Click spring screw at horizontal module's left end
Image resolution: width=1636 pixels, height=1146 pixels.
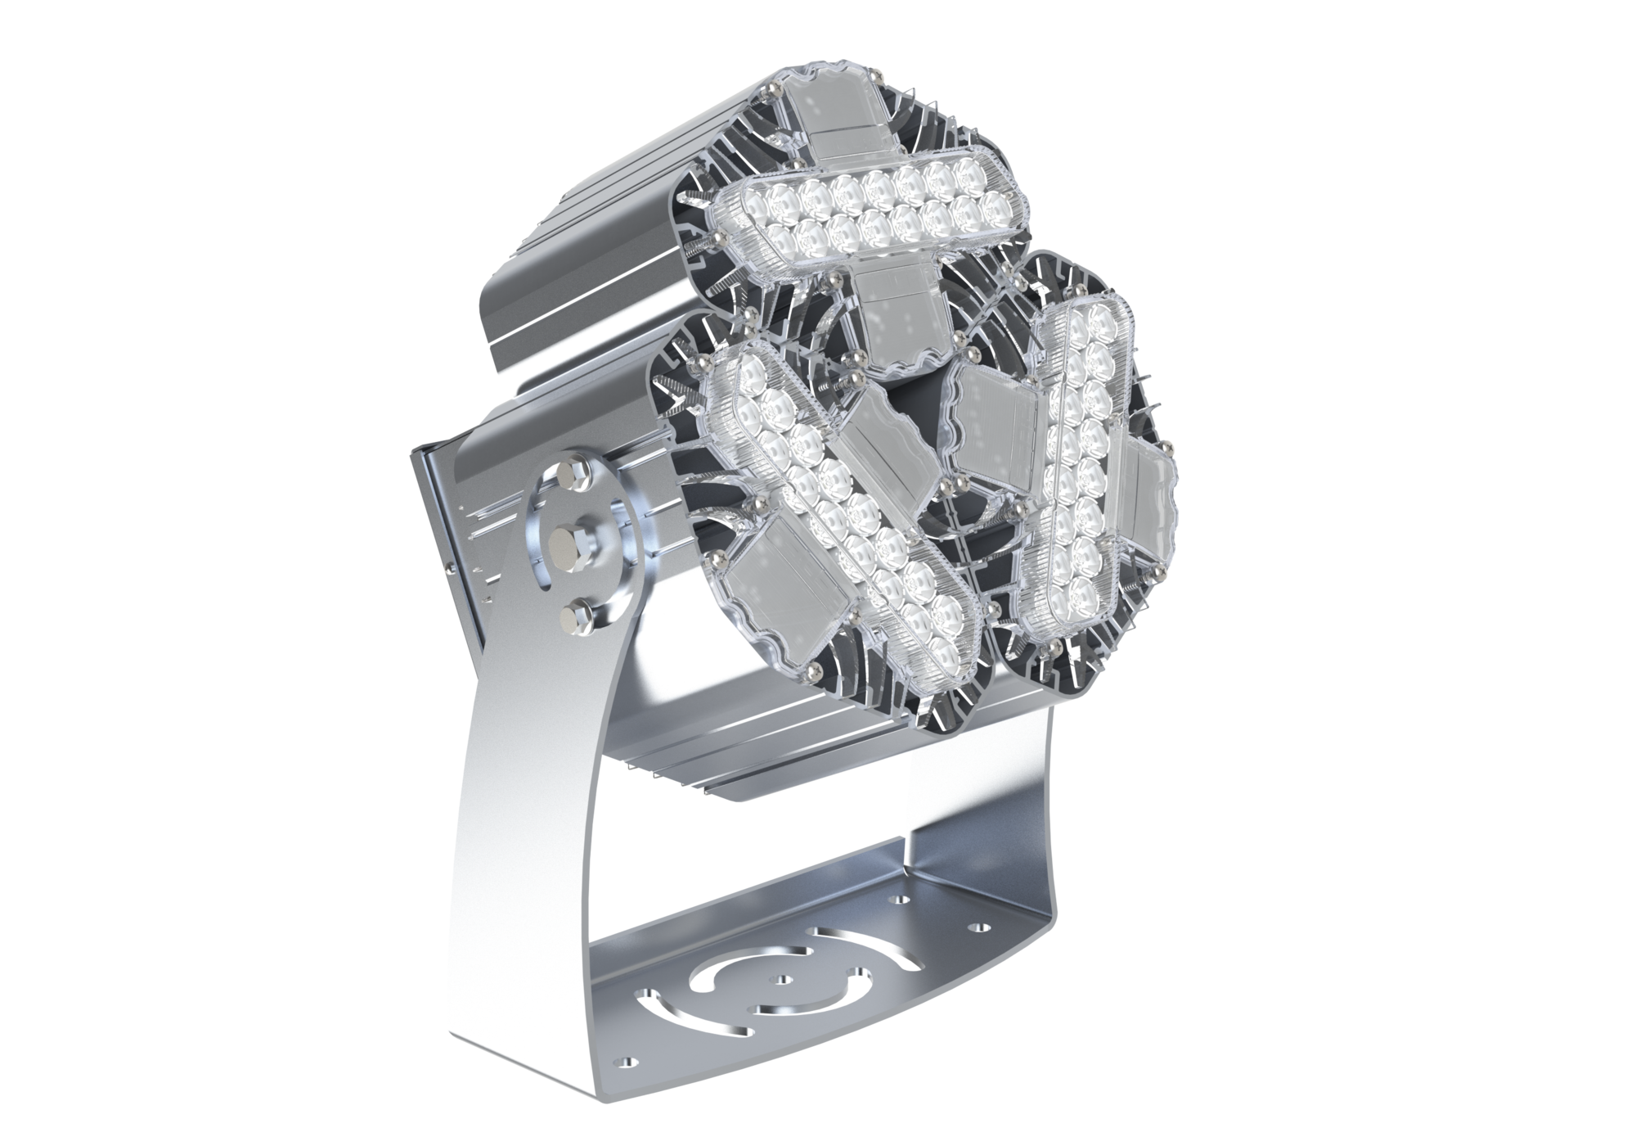click(717, 237)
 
